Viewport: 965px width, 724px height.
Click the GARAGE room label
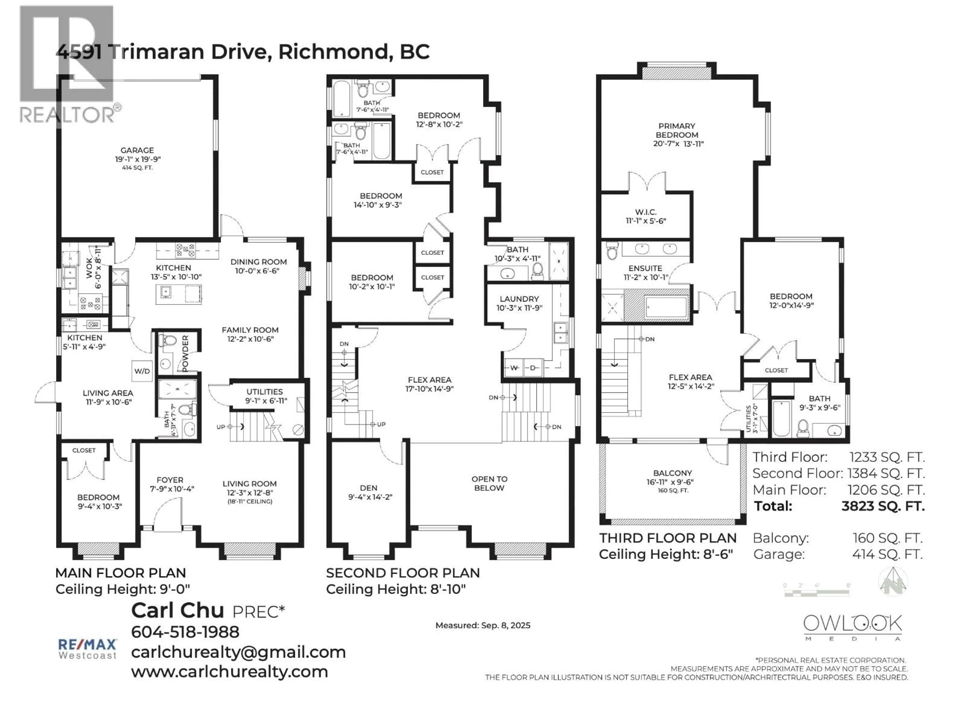click(x=137, y=150)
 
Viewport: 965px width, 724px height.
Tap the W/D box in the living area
click(x=142, y=371)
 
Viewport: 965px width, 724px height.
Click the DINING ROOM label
click(x=258, y=262)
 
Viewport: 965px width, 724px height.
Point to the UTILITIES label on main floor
click(x=264, y=392)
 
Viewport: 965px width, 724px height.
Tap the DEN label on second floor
click(x=369, y=488)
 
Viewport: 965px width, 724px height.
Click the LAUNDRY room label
click(x=519, y=299)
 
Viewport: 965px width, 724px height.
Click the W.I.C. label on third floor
click(x=646, y=212)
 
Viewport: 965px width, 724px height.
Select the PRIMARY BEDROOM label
click(x=677, y=130)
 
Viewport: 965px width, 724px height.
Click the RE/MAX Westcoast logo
click(x=88, y=649)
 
